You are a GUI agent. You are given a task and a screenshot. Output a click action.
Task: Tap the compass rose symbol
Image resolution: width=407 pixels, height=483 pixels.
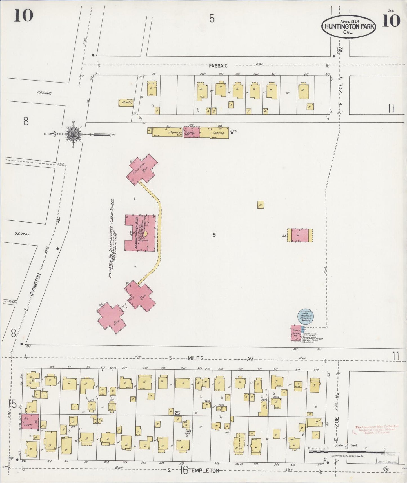coord(73,134)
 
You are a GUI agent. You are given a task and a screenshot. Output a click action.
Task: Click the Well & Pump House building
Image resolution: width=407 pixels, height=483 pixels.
coord(296,333)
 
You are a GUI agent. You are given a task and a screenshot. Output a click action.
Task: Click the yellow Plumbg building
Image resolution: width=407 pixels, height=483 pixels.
coord(126,103)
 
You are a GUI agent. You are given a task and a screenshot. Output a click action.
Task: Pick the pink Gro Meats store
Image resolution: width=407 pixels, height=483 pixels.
coord(30,422)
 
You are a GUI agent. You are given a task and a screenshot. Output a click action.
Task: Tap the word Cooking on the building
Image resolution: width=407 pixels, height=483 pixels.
coord(218,133)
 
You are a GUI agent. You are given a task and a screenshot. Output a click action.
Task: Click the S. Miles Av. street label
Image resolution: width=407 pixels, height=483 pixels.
coord(194,358)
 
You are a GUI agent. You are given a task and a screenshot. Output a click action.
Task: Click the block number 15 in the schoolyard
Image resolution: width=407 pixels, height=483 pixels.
coord(213,234)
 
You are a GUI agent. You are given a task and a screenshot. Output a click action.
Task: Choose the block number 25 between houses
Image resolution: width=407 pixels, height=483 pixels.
coord(177,413)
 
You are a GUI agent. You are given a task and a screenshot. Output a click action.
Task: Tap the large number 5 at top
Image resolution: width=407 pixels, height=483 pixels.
coord(212,19)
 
